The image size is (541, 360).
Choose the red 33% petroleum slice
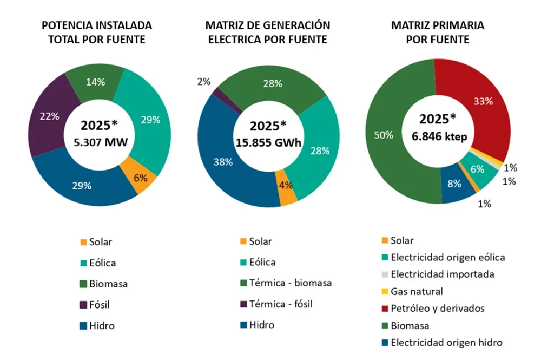pyautogui.click(x=481, y=103)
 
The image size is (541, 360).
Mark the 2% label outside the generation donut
pyautogui.click(x=204, y=82)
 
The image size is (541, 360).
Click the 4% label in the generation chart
pyautogui.click(x=286, y=185)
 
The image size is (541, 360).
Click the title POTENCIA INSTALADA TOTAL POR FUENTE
pyautogui.click(x=97, y=32)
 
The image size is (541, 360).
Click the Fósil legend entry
pyautogui.click(x=99, y=305)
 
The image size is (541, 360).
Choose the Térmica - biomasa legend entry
pyautogui.click(x=291, y=283)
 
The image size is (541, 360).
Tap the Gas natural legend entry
pyautogui.click(x=417, y=291)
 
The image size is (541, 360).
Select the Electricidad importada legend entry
pyautogui.click(x=442, y=274)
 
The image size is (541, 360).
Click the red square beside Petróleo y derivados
pyautogui.click(x=385, y=308)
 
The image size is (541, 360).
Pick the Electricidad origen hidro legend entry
pyautogui.click(x=446, y=342)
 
